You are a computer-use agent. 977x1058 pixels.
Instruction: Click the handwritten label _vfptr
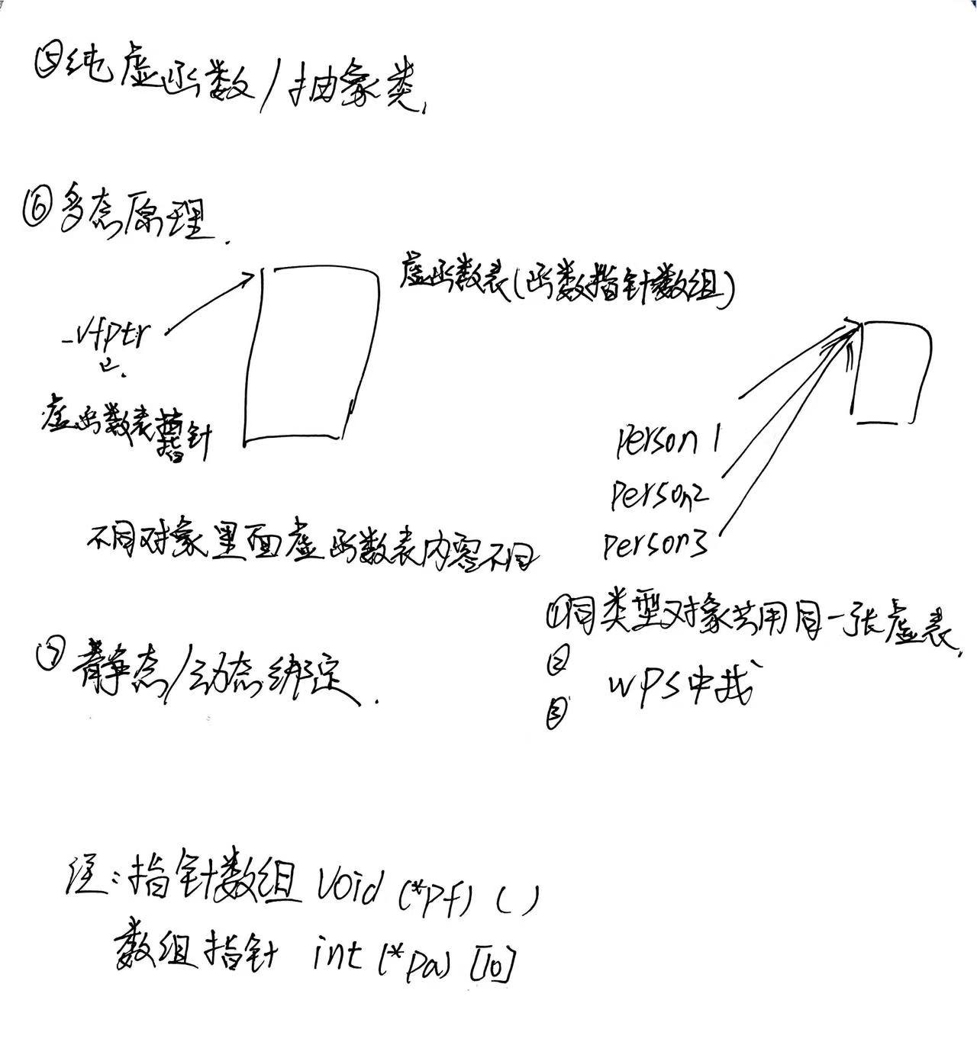[x=113, y=336]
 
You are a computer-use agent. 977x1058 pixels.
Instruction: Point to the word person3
[x=654, y=545]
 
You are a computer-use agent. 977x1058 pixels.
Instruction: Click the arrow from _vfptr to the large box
[x=210, y=301]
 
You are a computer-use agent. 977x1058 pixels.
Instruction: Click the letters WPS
[x=649, y=679]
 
